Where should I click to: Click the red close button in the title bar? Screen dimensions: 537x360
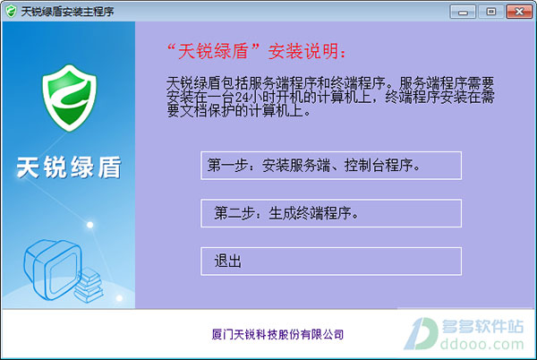pos(519,12)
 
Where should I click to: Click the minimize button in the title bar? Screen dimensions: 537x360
pos(463,12)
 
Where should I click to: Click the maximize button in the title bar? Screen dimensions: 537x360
pos(490,12)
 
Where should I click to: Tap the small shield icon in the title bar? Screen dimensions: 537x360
pos(11,12)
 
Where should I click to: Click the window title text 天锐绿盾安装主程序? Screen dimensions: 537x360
pos(67,12)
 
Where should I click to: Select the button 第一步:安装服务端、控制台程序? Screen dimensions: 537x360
pos(331,166)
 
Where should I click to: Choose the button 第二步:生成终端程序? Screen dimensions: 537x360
pos(331,213)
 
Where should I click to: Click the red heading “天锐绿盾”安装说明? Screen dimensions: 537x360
pos(257,52)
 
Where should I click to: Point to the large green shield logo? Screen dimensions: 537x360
pos(70,98)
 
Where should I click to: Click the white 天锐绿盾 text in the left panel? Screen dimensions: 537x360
pos(69,167)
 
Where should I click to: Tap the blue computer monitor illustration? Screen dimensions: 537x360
pos(53,270)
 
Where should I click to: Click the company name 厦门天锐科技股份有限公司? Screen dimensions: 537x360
pos(277,334)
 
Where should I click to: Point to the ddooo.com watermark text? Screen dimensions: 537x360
pos(482,344)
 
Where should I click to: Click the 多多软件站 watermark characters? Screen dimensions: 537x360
pos(482,327)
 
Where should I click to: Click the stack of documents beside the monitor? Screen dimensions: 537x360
pos(89,285)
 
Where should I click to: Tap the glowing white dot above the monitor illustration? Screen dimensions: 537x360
pos(90,225)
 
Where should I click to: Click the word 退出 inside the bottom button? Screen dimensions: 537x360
pos(227,261)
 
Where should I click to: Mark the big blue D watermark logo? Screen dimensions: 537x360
pos(421,334)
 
